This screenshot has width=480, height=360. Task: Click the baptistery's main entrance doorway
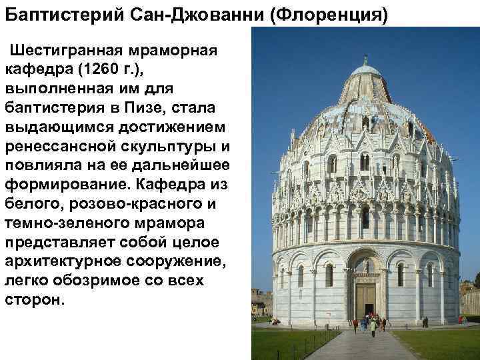pyautogui.click(x=365, y=300)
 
